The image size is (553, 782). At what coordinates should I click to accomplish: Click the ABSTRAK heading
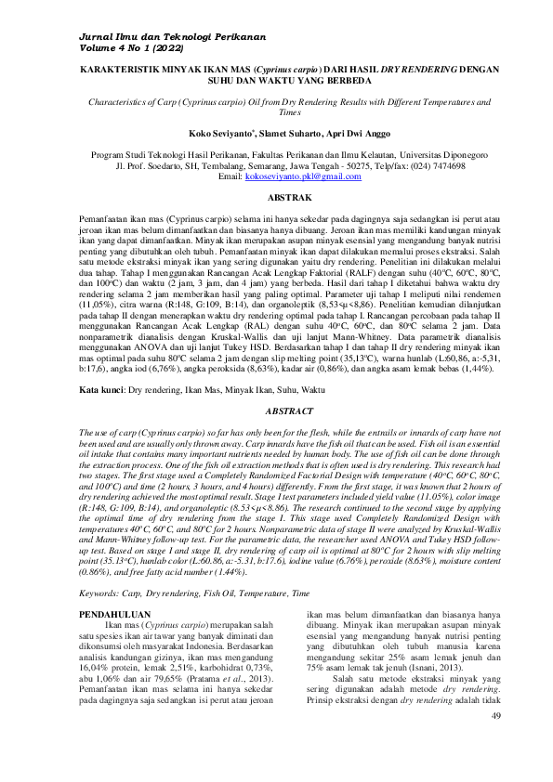[276, 199]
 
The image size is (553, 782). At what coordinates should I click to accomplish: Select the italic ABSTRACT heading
[276, 410]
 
